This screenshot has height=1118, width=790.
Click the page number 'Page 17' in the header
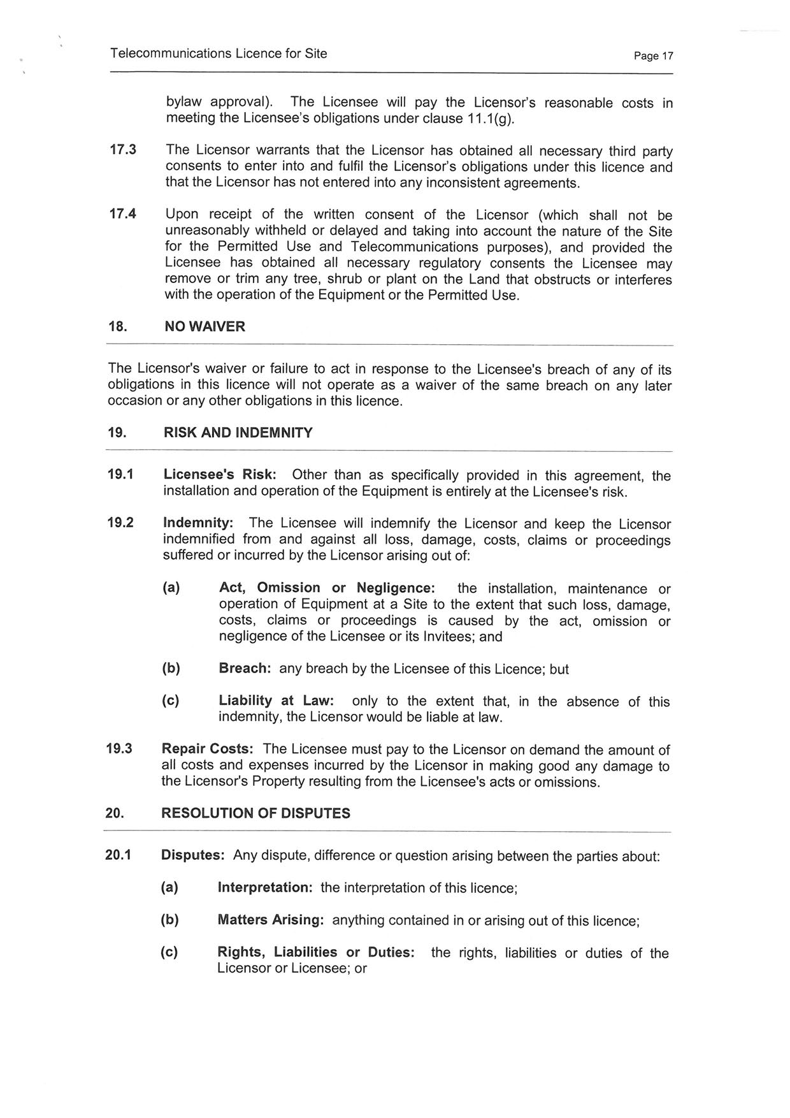click(653, 56)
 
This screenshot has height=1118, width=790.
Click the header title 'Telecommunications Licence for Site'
click(219, 54)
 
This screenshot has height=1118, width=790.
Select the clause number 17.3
click(123, 150)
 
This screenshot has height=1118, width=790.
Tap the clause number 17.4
click(123, 214)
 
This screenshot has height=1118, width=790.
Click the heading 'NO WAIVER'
click(205, 327)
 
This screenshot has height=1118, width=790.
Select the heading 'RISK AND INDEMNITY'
click(238, 433)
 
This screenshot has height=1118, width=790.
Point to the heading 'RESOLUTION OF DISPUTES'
click(255, 813)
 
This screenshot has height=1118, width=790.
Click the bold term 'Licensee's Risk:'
click(220, 475)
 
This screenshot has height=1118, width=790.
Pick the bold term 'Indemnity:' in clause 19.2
click(198, 523)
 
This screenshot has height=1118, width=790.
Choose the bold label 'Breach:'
click(245, 669)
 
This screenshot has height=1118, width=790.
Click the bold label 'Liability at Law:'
click(276, 701)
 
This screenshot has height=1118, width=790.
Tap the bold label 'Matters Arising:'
click(271, 920)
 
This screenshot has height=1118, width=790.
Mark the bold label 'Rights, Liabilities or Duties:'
click(316, 952)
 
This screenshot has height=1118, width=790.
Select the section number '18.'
click(118, 327)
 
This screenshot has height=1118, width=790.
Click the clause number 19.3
click(119, 749)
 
